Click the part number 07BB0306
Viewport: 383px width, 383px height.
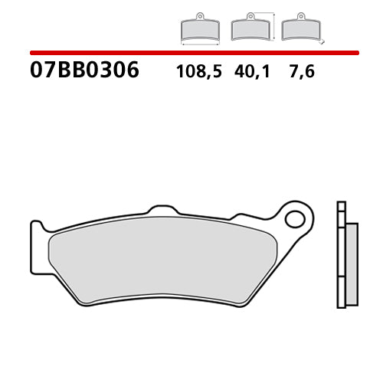(x=84, y=70)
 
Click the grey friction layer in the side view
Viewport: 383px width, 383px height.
(x=352, y=253)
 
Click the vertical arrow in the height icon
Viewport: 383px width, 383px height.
(x=270, y=25)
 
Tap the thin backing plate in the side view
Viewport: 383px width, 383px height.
(x=342, y=253)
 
